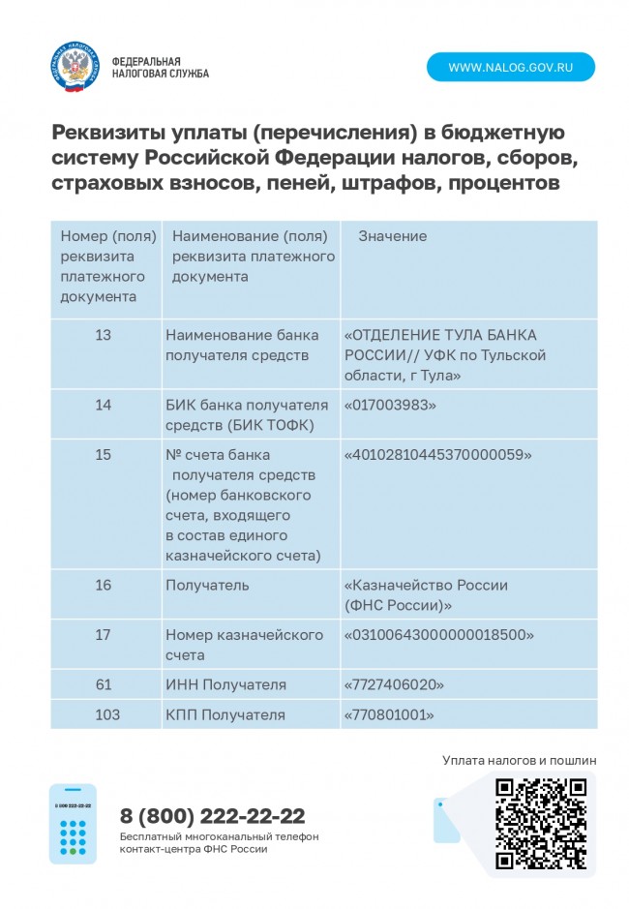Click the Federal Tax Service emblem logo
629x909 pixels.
point(75,66)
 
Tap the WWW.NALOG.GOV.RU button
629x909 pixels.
point(511,67)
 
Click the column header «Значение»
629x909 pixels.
point(392,236)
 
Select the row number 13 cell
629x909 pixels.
point(104,335)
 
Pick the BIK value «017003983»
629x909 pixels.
point(391,405)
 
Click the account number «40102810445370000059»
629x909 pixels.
point(438,454)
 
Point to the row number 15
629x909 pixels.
point(104,454)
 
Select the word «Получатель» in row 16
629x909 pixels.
point(207,585)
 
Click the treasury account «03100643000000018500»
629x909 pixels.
point(439,635)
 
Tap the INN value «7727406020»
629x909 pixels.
point(394,684)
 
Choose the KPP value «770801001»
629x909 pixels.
point(389,714)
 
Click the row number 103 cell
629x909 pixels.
point(108,714)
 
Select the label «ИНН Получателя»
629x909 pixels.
point(225,684)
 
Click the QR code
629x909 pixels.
point(541,823)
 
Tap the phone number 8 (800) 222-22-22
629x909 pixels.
point(212,815)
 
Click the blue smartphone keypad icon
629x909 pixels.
point(73,824)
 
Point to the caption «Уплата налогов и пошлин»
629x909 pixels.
point(519,760)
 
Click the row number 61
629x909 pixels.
point(104,684)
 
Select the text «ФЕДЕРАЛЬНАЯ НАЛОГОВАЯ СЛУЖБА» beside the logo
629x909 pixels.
point(160,67)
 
